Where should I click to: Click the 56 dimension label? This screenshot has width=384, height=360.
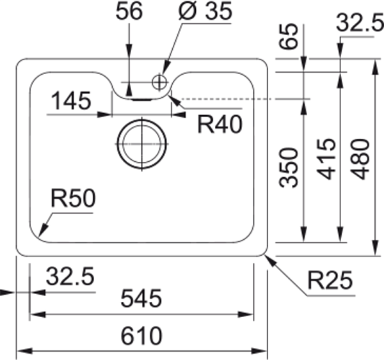pyautogui.click(x=130, y=12)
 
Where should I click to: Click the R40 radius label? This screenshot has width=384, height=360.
pyautogui.click(x=220, y=124)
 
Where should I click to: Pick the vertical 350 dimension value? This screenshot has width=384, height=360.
pyautogui.click(x=291, y=168)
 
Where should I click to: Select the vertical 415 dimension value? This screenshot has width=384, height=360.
pyautogui.click(x=326, y=159)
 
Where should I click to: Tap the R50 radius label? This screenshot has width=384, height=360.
pyautogui.click(x=73, y=200)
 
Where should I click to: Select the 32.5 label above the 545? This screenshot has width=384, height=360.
pyautogui.click(x=70, y=278)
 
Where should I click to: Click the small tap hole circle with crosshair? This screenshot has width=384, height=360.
pyautogui.click(x=159, y=81)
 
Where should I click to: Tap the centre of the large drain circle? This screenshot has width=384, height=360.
pyautogui.click(x=141, y=145)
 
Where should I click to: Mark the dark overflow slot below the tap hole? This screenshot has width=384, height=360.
pyautogui.click(x=141, y=98)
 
